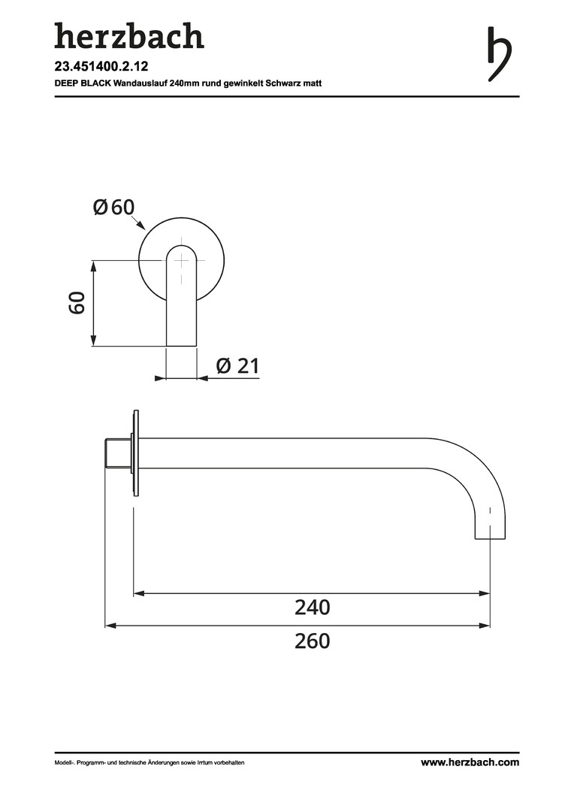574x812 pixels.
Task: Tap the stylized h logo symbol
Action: tap(500, 54)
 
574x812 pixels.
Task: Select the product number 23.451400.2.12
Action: tap(101, 67)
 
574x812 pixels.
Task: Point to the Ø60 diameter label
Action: tap(114, 208)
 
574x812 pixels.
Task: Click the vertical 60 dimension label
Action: tap(77, 303)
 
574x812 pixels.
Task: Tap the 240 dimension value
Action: tap(312, 607)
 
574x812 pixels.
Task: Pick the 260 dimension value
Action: tap(312, 641)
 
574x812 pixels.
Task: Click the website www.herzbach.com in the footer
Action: tap(470, 762)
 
